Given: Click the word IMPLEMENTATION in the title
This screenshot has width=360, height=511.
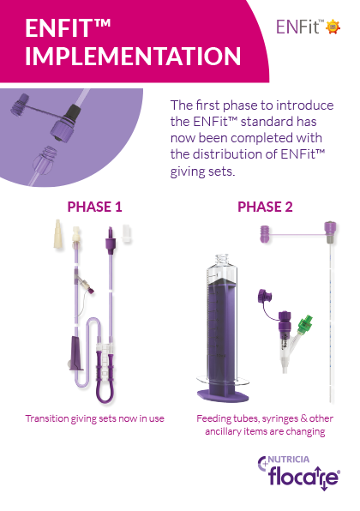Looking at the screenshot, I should tap(132, 57).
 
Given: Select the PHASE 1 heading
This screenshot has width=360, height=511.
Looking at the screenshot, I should tap(94, 207).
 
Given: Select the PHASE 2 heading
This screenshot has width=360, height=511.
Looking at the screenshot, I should tap(265, 207).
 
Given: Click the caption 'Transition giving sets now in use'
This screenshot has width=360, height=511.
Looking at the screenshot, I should tap(93, 418).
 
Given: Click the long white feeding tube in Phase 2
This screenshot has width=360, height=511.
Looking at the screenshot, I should tap(327, 317).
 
